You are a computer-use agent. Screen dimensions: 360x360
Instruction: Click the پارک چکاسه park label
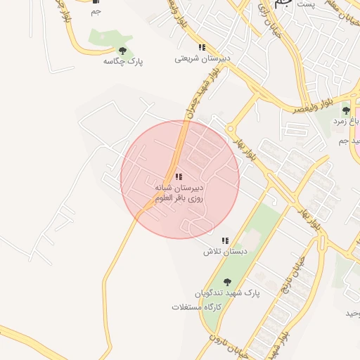[x=123, y=62]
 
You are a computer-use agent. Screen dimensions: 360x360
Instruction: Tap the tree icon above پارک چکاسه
[x=123, y=51]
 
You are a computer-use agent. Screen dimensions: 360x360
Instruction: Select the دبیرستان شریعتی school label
[x=200, y=59]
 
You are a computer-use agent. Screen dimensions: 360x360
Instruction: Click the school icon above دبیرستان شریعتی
[x=202, y=47]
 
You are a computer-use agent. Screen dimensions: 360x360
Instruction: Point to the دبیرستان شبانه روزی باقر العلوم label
[x=179, y=193]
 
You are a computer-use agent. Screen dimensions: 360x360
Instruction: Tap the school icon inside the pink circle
[x=179, y=176]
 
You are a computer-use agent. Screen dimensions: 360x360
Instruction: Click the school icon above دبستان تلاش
[x=226, y=240]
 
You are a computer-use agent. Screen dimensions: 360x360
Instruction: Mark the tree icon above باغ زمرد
[x=345, y=110]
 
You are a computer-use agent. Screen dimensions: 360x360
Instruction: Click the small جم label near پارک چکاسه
[x=96, y=11]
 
